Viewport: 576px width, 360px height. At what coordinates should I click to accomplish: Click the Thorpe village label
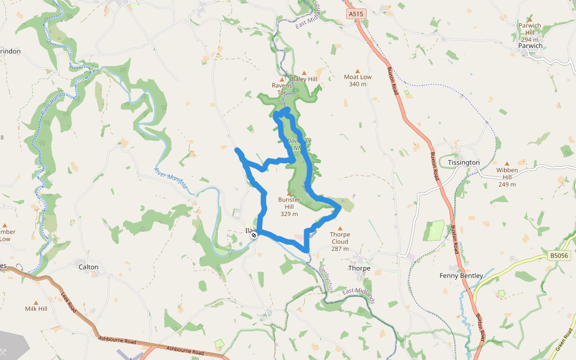click(359, 268)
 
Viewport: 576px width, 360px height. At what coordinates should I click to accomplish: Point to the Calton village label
click(88, 266)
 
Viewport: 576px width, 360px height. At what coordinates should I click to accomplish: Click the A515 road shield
click(355, 13)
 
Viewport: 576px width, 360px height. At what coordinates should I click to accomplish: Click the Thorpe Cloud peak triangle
click(340, 228)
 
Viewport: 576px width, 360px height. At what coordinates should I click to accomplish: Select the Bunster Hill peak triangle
click(290, 193)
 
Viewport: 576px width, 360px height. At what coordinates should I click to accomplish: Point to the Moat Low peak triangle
click(358, 70)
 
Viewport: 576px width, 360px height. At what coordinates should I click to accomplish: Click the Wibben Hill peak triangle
click(507, 163)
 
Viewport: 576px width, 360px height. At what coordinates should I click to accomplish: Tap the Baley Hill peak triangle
click(304, 72)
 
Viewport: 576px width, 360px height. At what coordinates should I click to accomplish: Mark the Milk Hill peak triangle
click(36, 302)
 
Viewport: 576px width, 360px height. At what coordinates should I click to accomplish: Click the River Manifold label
click(171, 179)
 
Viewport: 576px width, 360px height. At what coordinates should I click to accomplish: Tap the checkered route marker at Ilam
click(254, 235)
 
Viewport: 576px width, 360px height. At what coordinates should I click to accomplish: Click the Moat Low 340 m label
click(358, 80)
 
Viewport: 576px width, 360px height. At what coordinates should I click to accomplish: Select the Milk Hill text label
click(36, 309)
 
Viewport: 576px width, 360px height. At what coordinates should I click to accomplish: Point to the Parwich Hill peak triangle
click(529, 19)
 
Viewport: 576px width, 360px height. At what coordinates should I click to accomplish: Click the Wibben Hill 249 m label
click(507, 177)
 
